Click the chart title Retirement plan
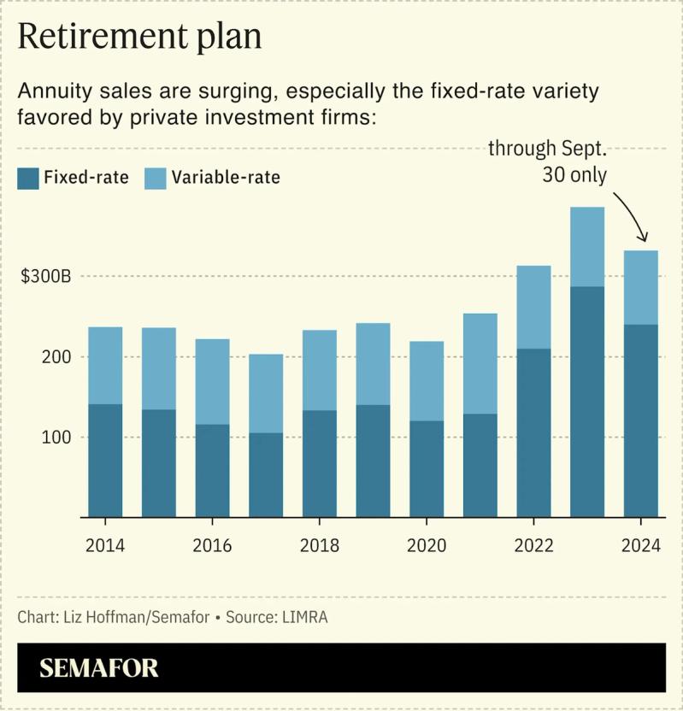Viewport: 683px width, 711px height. [x=139, y=38]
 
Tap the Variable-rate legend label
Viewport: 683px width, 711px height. [x=226, y=178]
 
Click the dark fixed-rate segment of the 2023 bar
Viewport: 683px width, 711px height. [x=587, y=402]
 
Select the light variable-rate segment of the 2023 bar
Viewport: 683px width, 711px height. [x=587, y=247]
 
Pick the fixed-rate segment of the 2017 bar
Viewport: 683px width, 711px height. [x=266, y=474]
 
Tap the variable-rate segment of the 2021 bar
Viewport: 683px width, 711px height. [x=480, y=363]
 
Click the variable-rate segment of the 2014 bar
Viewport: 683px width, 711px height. [x=104, y=365]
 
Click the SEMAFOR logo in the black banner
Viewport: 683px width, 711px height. [x=99, y=667]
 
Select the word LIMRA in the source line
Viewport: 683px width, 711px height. [x=304, y=617]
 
